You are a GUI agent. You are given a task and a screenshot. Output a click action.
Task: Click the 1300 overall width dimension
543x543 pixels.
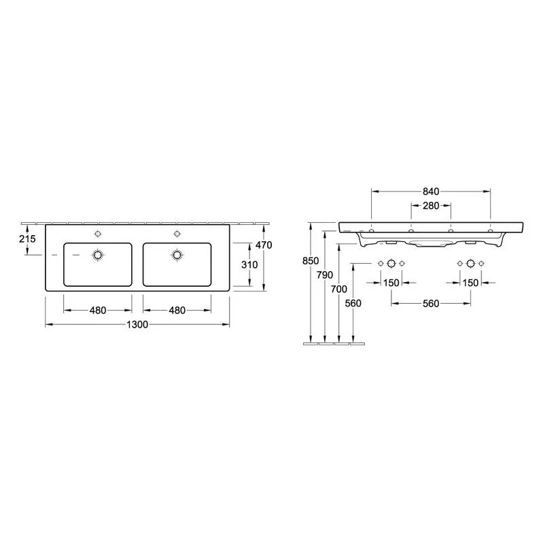click(x=137, y=324)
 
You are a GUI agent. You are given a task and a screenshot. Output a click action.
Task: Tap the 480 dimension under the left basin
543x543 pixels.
click(x=98, y=311)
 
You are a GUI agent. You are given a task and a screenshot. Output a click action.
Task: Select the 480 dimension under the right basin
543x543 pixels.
click(x=177, y=311)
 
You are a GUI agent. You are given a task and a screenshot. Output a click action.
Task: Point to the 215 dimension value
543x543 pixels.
click(x=27, y=239)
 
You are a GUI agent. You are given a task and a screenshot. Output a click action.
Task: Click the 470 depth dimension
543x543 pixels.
click(x=264, y=245)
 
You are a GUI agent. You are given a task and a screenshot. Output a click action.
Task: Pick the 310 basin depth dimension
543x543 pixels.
click(x=249, y=264)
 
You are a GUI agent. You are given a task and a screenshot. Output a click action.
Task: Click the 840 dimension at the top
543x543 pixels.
click(x=431, y=191)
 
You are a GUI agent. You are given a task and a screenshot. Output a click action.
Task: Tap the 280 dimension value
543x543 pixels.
click(x=431, y=206)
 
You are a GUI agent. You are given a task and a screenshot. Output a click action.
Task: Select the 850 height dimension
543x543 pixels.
click(x=311, y=260)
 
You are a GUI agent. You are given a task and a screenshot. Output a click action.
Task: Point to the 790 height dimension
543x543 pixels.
click(x=325, y=275)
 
